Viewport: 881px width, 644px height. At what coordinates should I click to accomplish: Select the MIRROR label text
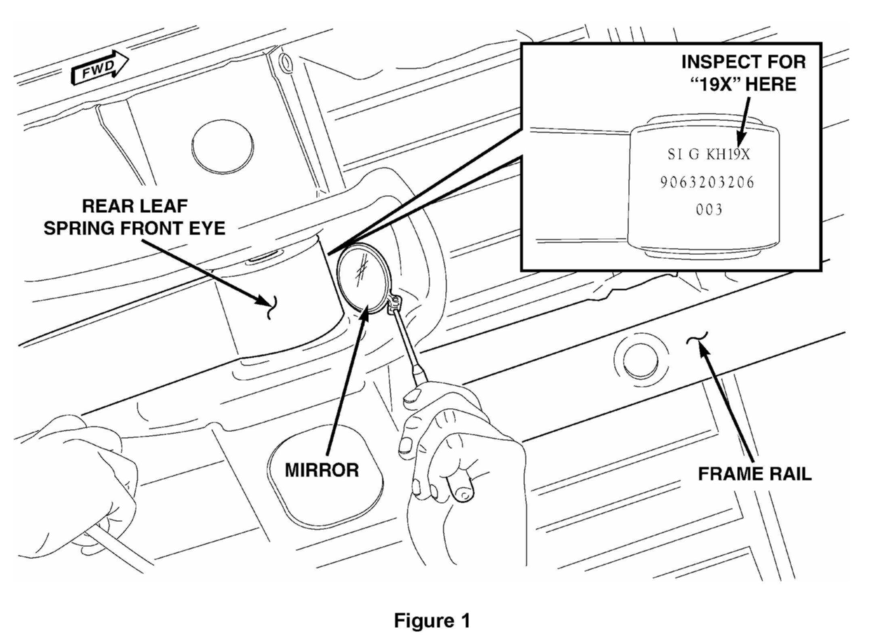pyautogui.click(x=322, y=470)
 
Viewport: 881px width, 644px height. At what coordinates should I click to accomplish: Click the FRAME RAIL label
pyautogui.click(x=754, y=473)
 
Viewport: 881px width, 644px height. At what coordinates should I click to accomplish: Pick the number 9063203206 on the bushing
pyautogui.click(x=707, y=183)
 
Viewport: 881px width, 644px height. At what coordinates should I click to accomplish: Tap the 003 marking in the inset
pyautogui.click(x=709, y=209)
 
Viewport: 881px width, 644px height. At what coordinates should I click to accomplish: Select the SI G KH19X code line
pyautogui.click(x=708, y=154)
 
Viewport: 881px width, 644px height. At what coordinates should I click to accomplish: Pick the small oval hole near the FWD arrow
pyautogui.click(x=286, y=63)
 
